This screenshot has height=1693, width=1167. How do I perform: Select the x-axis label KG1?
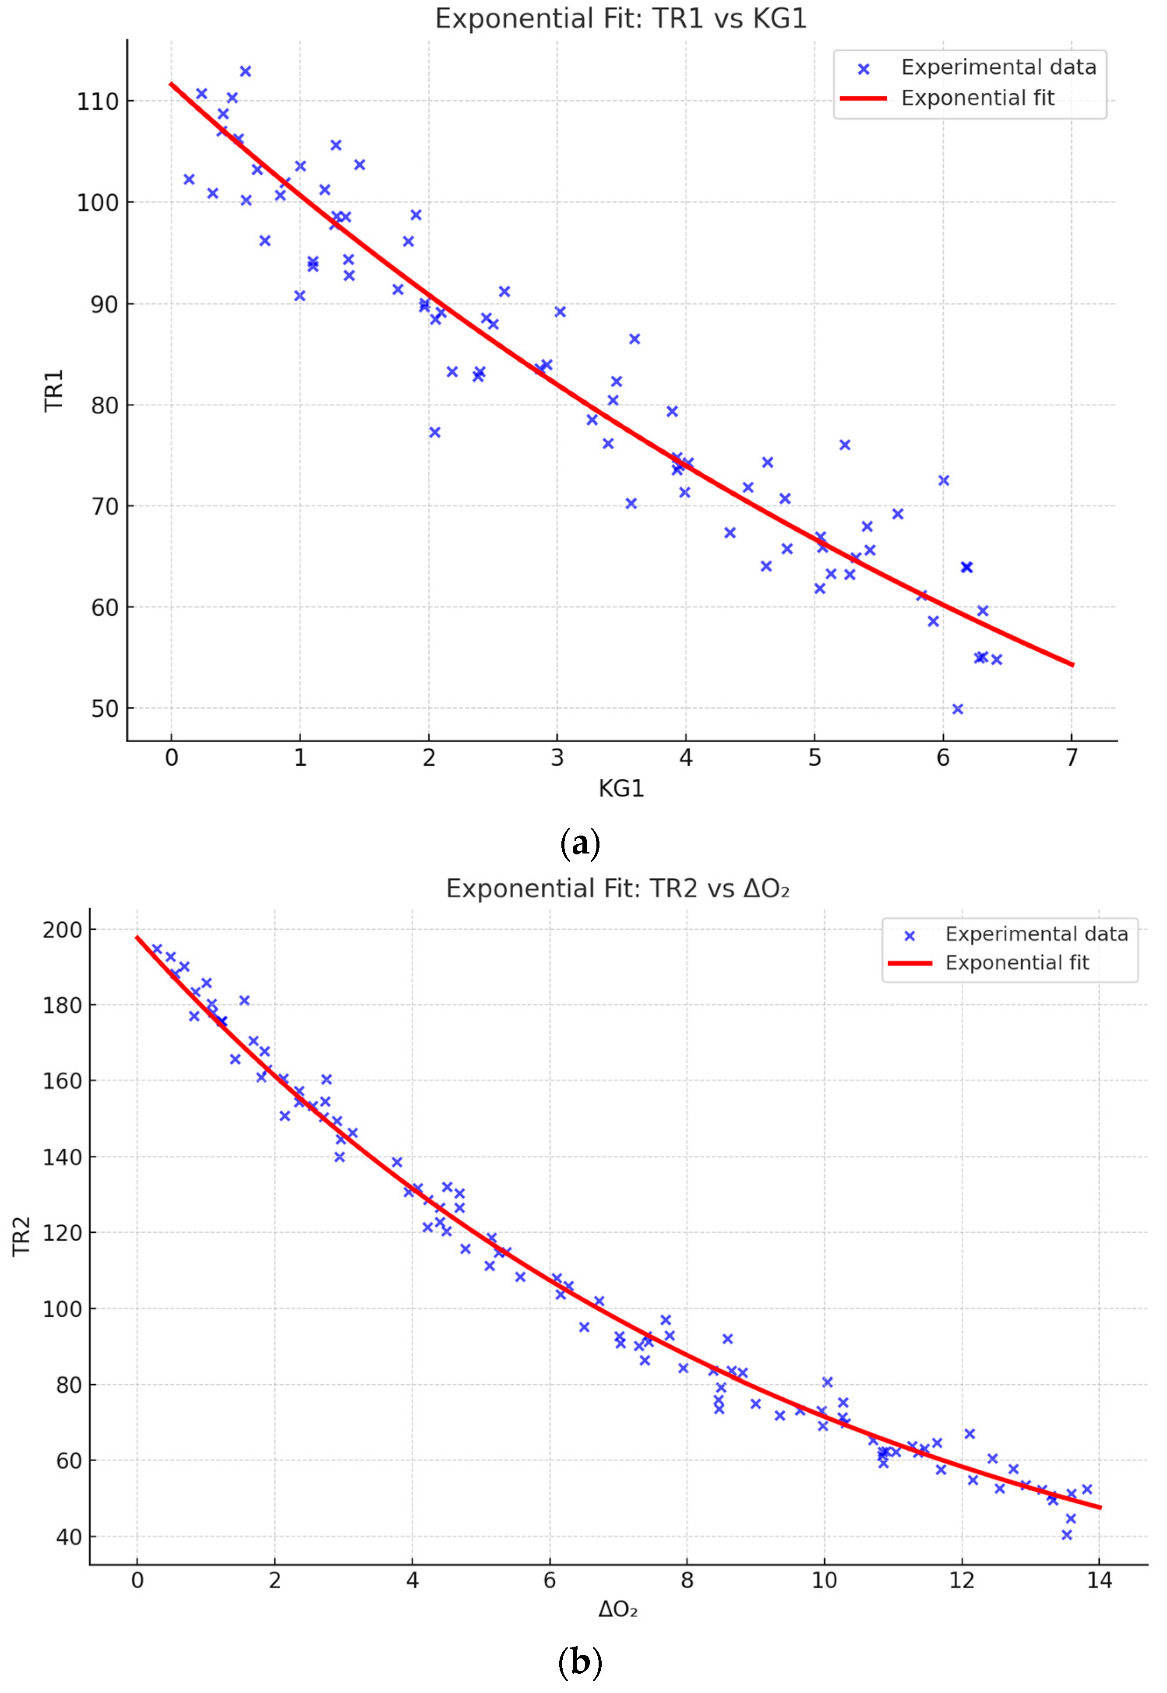click(621, 788)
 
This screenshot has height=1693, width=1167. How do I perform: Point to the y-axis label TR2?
click(22, 1236)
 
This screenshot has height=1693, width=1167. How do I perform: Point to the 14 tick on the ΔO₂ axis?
click(1099, 1580)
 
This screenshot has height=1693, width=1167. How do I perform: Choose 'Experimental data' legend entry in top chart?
click(998, 67)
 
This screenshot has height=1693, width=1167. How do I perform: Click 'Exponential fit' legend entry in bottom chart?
click(1016, 963)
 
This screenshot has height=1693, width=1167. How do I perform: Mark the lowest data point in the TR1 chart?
click(957, 709)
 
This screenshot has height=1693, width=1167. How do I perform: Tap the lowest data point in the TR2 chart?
click(1066, 1534)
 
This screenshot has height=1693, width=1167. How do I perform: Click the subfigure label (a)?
click(580, 843)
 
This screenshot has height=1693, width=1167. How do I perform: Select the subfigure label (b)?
click(580, 1662)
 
